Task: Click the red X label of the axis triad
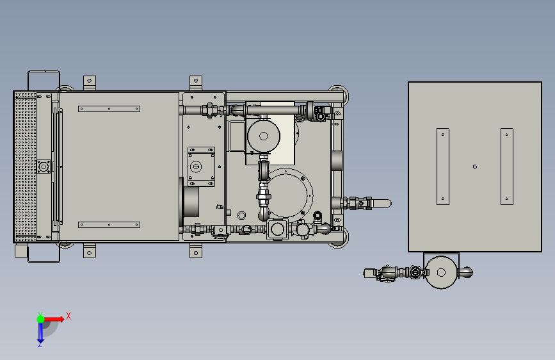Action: pos(68,316)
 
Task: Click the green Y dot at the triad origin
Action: pos(40,319)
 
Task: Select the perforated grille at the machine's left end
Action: pos(25,167)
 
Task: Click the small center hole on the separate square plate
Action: pos(475,167)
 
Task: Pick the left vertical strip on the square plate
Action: pos(443,167)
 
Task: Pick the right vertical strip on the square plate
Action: pos(507,167)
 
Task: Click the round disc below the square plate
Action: pos(441,272)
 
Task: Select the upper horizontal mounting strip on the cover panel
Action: pos(109,109)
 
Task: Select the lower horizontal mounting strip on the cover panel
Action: pos(109,225)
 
